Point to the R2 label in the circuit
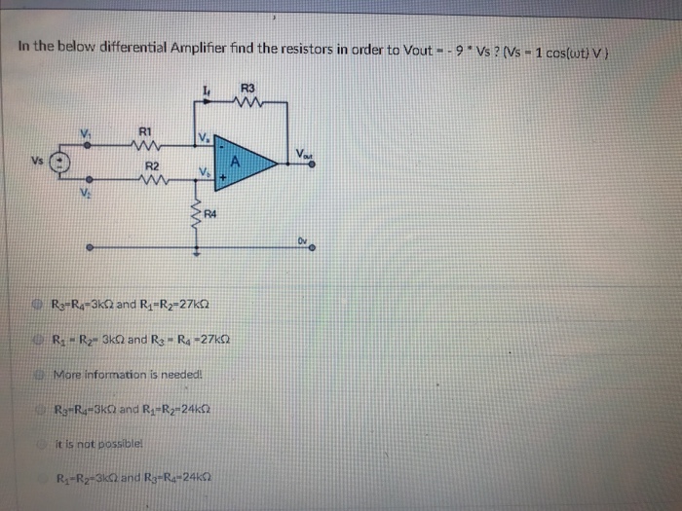tap(151, 164)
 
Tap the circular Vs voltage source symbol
tap(59, 163)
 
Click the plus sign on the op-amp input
tap(223, 179)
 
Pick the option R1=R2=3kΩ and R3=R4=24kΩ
tap(133, 477)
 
